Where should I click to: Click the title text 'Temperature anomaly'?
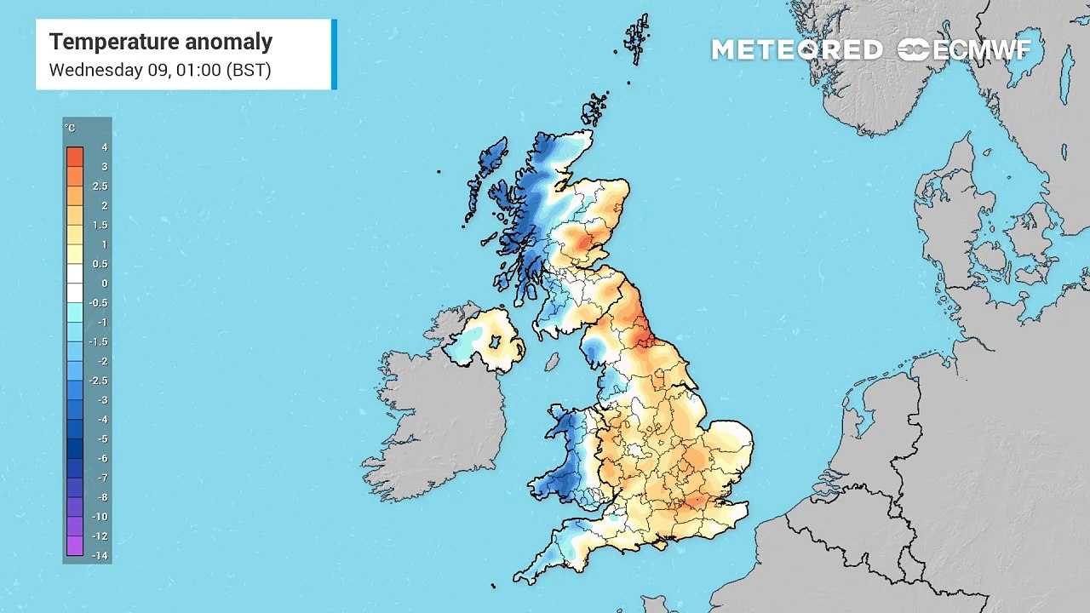tap(160, 42)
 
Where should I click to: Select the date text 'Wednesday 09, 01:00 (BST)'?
tap(160, 70)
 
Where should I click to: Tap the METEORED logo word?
tap(796, 50)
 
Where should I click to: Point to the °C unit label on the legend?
tap(70, 129)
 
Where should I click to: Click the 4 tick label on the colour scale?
tap(104, 147)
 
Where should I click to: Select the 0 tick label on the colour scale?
tap(104, 284)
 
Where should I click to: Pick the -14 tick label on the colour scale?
tap(101, 556)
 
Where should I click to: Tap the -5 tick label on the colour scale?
tap(103, 439)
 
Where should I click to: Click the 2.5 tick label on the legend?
tap(100, 186)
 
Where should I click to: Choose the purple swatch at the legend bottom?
tap(75, 546)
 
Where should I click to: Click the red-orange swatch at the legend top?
tap(75, 157)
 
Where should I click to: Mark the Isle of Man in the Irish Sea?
tap(552, 362)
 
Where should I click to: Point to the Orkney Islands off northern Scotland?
tap(595, 109)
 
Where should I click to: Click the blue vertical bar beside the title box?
tap(334, 54)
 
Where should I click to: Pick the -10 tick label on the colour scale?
tap(101, 517)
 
